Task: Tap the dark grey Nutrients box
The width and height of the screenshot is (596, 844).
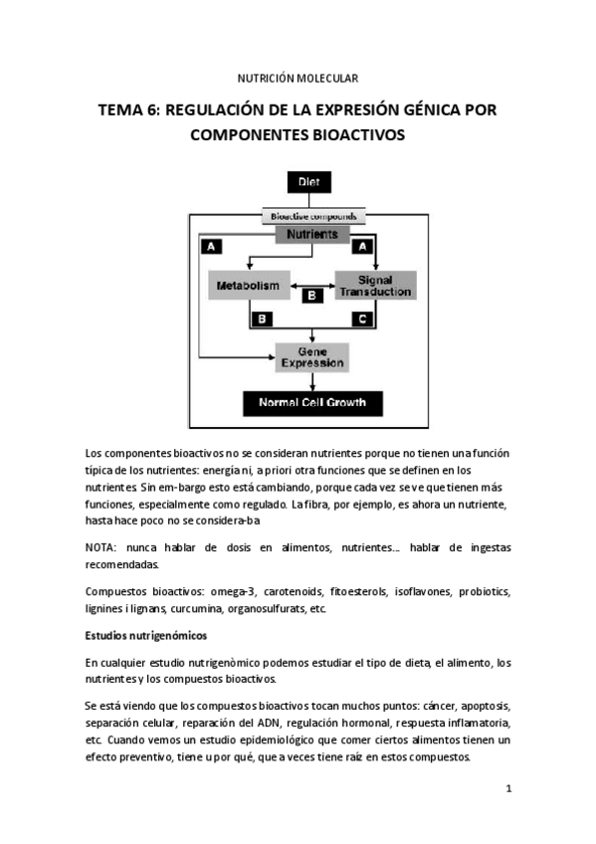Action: tap(312, 235)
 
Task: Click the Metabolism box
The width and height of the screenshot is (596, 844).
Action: tap(249, 286)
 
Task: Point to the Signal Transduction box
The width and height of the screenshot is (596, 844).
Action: tap(373, 286)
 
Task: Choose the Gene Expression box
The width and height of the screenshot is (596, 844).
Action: tap(312, 356)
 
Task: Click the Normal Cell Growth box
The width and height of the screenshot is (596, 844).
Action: tap(312, 403)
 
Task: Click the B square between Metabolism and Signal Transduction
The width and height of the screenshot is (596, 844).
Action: tap(311, 296)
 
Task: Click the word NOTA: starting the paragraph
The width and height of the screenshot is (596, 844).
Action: tap(104, 548)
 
